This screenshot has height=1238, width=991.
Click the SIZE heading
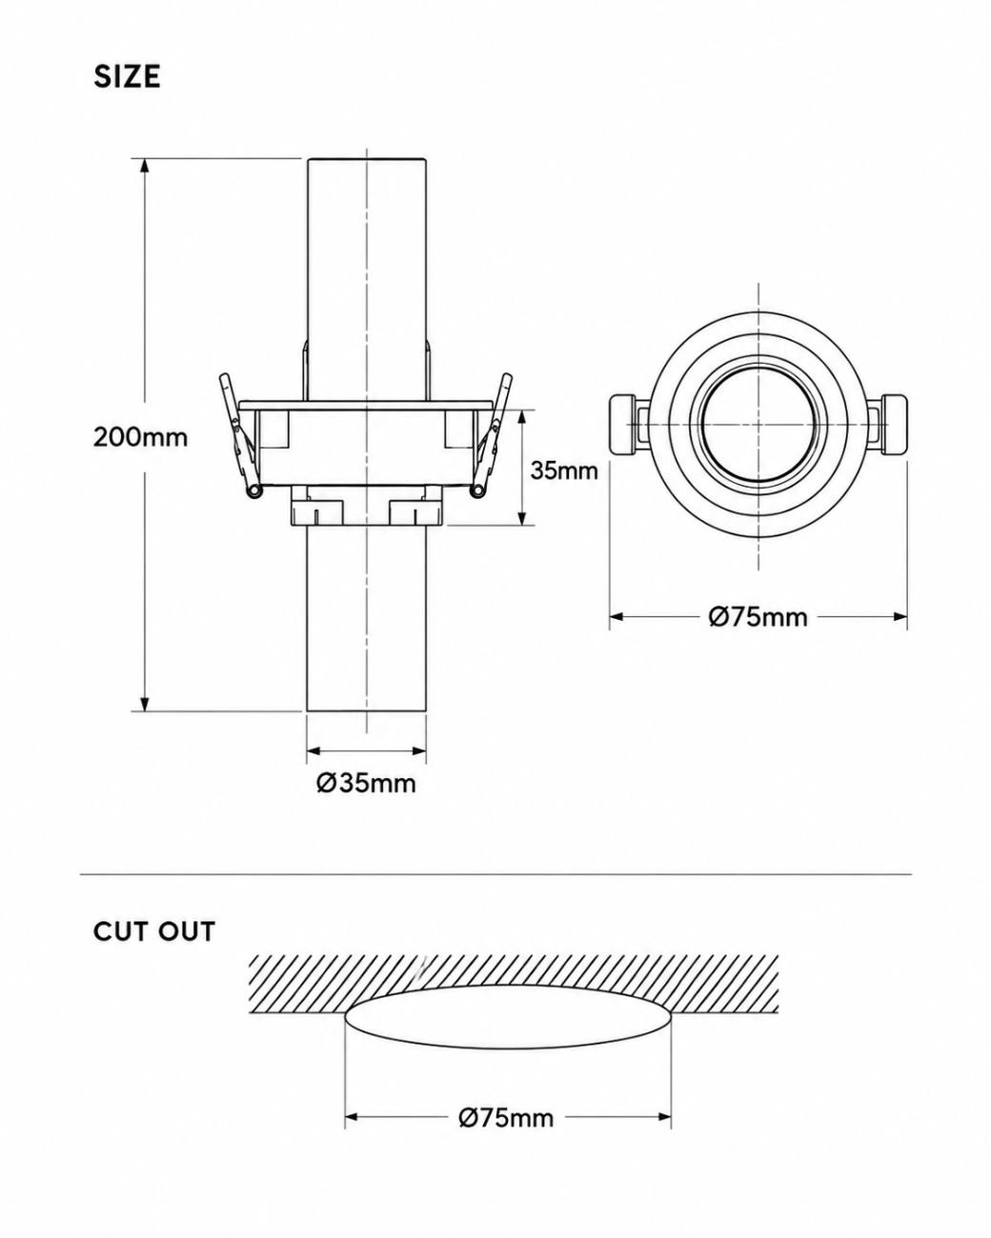point(128,76)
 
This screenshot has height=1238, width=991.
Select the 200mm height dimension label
point(140,437)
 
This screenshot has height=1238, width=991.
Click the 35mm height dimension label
point(564,470)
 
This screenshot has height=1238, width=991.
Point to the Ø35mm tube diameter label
point(366,783)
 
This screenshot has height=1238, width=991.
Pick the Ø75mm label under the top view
point(758,617)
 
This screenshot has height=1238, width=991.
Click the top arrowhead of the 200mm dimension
point(145,165)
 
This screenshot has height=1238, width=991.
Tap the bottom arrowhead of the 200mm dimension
point(145,704)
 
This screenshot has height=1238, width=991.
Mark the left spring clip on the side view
point(240,436)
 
